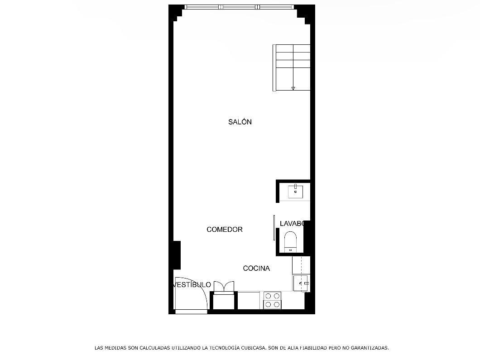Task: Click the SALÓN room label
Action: click(240, 122)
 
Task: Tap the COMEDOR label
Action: click(225, 229)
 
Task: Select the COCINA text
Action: click(256, 268)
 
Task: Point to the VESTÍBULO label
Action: click(192, 285)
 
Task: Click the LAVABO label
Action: click(292, 223)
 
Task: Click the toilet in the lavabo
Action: click(290, 241)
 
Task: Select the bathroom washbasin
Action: click(295, 192)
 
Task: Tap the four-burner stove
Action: click(273, 300)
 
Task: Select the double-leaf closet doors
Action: click(224, 287)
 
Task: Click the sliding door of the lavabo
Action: click(274, 228)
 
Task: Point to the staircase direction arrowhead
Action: click(293, 88)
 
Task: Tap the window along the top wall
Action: click(239, 7)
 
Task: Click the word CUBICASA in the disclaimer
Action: click(254, 348)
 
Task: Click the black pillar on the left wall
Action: click(177, 255)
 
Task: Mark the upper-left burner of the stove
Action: click(269, 296)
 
